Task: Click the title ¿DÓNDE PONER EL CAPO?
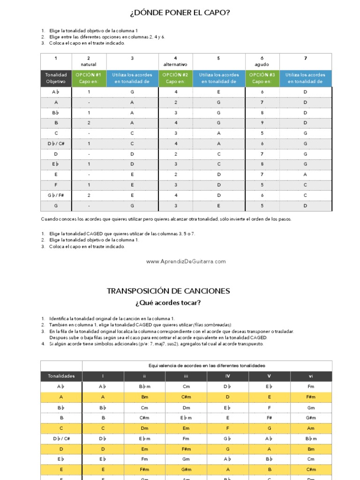click(x=180, y=13)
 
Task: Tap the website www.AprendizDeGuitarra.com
click(x=186, y=262)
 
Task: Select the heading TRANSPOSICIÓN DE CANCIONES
click(x=168, y=291)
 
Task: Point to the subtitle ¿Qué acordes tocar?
click(x=168, y=303)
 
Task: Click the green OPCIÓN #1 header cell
click(x=89, y=78)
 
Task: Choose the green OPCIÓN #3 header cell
click(x=262, y=78)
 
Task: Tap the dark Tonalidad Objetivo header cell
click(x=56, y=78)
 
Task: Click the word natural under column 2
click(x=89, y=64)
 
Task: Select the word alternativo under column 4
click(x=175, y=64)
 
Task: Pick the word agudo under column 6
click(x=262, y=64)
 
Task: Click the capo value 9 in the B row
click(x=262, y=123)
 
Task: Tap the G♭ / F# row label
click(x=56, y=195)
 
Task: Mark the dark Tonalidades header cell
click(x=61, y=376)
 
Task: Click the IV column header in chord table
click(x=227, y=376)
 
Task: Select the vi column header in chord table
click(x=311, y=376)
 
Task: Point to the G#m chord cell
click(x=311, y=418)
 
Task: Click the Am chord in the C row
click(x=311, y=428)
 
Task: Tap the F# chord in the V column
click(x=270, y=418)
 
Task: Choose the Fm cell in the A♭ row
click(x=311, y=387)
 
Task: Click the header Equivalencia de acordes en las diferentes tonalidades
click(x=207, y=366)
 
